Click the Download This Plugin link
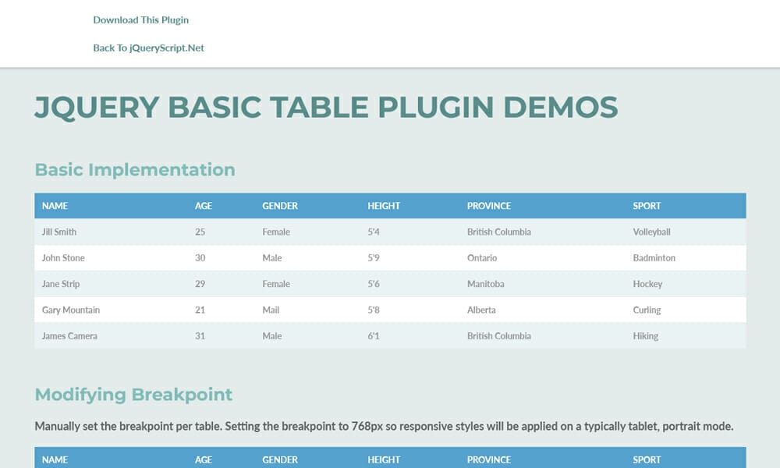pyautogui.click(x=140, y=20)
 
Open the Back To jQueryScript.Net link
pyautogui.click(x=148, y=48)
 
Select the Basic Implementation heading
pyautogui.click(x=135, y=170)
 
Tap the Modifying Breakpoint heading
pyautogui.click(x=133, y=395)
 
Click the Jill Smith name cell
pyautogui.click(x=59, y=232)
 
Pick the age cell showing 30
pyautogui.click(x=200, y=258)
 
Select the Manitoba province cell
pyautogui.click(x=485, y=284)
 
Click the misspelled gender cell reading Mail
pyautogui.click(x=271, y=310)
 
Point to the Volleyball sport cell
pyautogui.click(x=651, y=232)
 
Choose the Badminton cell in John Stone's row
pyautogui.click(x=654, y=258)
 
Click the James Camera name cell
pyautogui.click(x=69, y=336)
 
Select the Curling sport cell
pyautogui.click(x=647, y=310)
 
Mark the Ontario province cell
pyautogui.click(x=481, y=258)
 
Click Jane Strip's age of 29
pyautogui.click(x=200, y=284)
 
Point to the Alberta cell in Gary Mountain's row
pyautogui.click(x=480, y=310)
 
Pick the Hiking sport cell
pyautogui.click(x=645, y=336)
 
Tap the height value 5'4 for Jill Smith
pyautogui.click(x=374, y=232)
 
